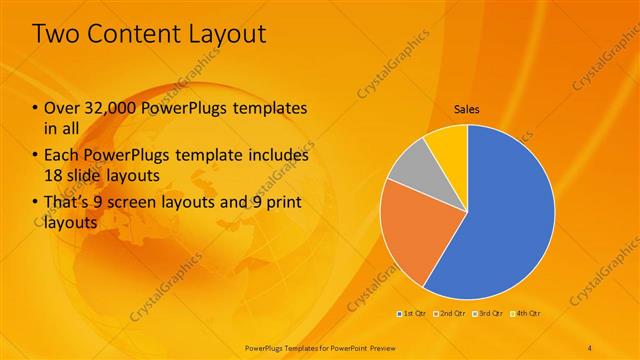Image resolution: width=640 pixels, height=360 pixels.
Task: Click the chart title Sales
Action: click(466, 107)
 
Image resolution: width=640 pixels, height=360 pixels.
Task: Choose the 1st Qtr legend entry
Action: click(411, 313)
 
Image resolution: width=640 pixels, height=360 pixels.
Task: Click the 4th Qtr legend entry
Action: click(528, 313)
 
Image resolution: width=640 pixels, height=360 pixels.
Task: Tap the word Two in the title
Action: click(57, 35)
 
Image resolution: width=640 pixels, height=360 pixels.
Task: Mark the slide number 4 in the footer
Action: click(590, 348)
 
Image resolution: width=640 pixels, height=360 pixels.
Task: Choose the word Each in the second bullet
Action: click(61, 156)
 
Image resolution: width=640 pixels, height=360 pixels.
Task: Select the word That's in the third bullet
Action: click(68, 205)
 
